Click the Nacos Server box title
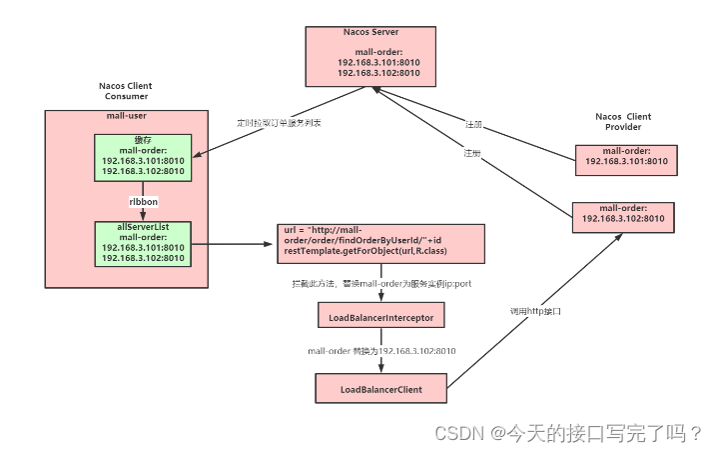[370, 32]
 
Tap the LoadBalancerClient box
[380, 387]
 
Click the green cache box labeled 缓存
[143, 158]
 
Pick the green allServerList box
[143, 243]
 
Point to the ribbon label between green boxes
[143, 201]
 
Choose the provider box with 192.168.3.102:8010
[625, 215]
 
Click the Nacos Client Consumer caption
[125, 91]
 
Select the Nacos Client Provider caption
[624, 122]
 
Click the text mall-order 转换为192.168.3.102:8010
[382, 351]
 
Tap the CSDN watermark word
[456, 433]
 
